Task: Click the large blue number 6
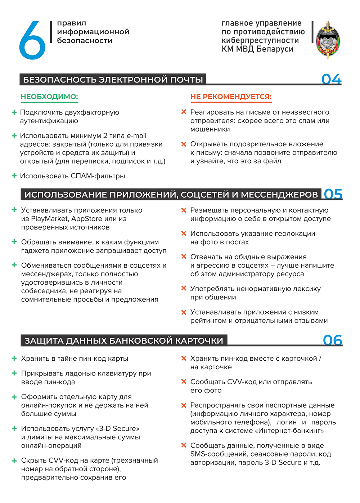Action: pos(32,40)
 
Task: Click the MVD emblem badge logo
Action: pos(328,40)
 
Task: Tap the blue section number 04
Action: pos(331,79)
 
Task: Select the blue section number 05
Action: pos(333,194)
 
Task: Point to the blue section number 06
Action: pos(332,340)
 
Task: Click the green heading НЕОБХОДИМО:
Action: pos(49,97)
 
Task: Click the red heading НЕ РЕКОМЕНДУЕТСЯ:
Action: pos(231,97)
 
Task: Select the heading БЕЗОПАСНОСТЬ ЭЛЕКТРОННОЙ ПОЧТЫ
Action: pos(113,80)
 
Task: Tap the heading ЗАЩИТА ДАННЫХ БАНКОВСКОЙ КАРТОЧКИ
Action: pos(124,340)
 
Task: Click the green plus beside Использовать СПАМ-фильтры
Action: pos(14,176)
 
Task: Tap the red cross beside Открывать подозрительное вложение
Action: pos(184,144)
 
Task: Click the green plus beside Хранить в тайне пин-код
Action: pos(14,359)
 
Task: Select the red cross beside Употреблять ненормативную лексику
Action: pos(184,289)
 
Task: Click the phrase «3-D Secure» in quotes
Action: pos(118,428)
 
